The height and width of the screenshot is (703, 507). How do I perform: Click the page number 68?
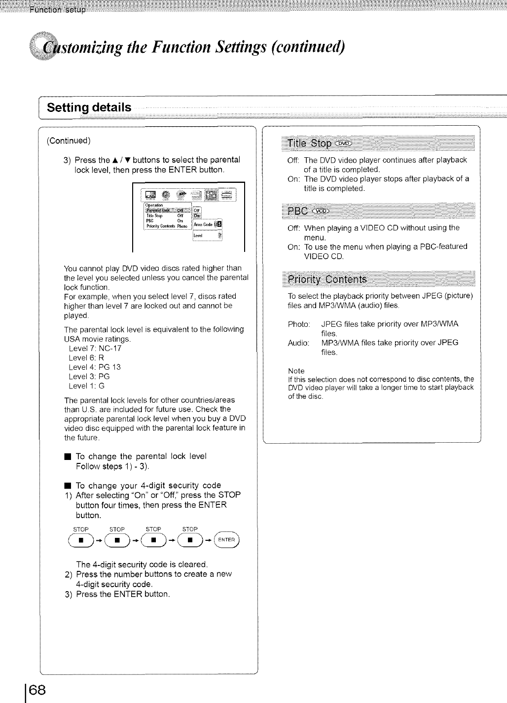(x=34, y=688)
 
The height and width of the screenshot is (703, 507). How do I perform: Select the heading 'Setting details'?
(x=89, y=107)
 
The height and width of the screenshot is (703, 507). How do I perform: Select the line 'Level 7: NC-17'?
(x=95, y=348)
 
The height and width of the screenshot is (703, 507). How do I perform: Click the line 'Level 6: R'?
(x=86, y=358)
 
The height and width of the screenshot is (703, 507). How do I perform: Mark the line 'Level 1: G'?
(x=86, y=386)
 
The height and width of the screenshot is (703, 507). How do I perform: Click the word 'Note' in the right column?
(x=296, y=371)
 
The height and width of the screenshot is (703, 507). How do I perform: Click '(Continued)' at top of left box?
(x=69, y=141)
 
